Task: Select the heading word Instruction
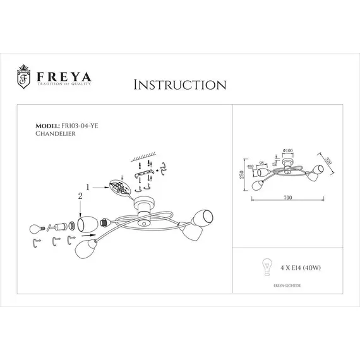pyautogui.click(x=180, y=85)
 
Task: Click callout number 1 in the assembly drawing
pyautogui.click(x=88, y=186)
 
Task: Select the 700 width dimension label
pyautogui.click(x=287, y=198)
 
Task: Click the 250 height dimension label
pyautogui.click(x=241, y=176)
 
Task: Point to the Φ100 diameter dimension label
pyautogui.click(x=287, y=150)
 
